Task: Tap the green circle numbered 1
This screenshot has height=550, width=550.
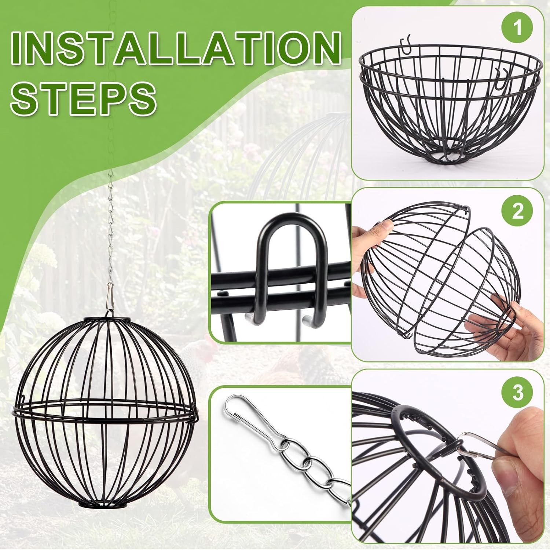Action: click(x=517, y=28)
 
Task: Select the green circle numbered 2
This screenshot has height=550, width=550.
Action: click(x=518, y=211)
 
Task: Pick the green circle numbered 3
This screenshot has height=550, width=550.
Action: click(x=518, y=393)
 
